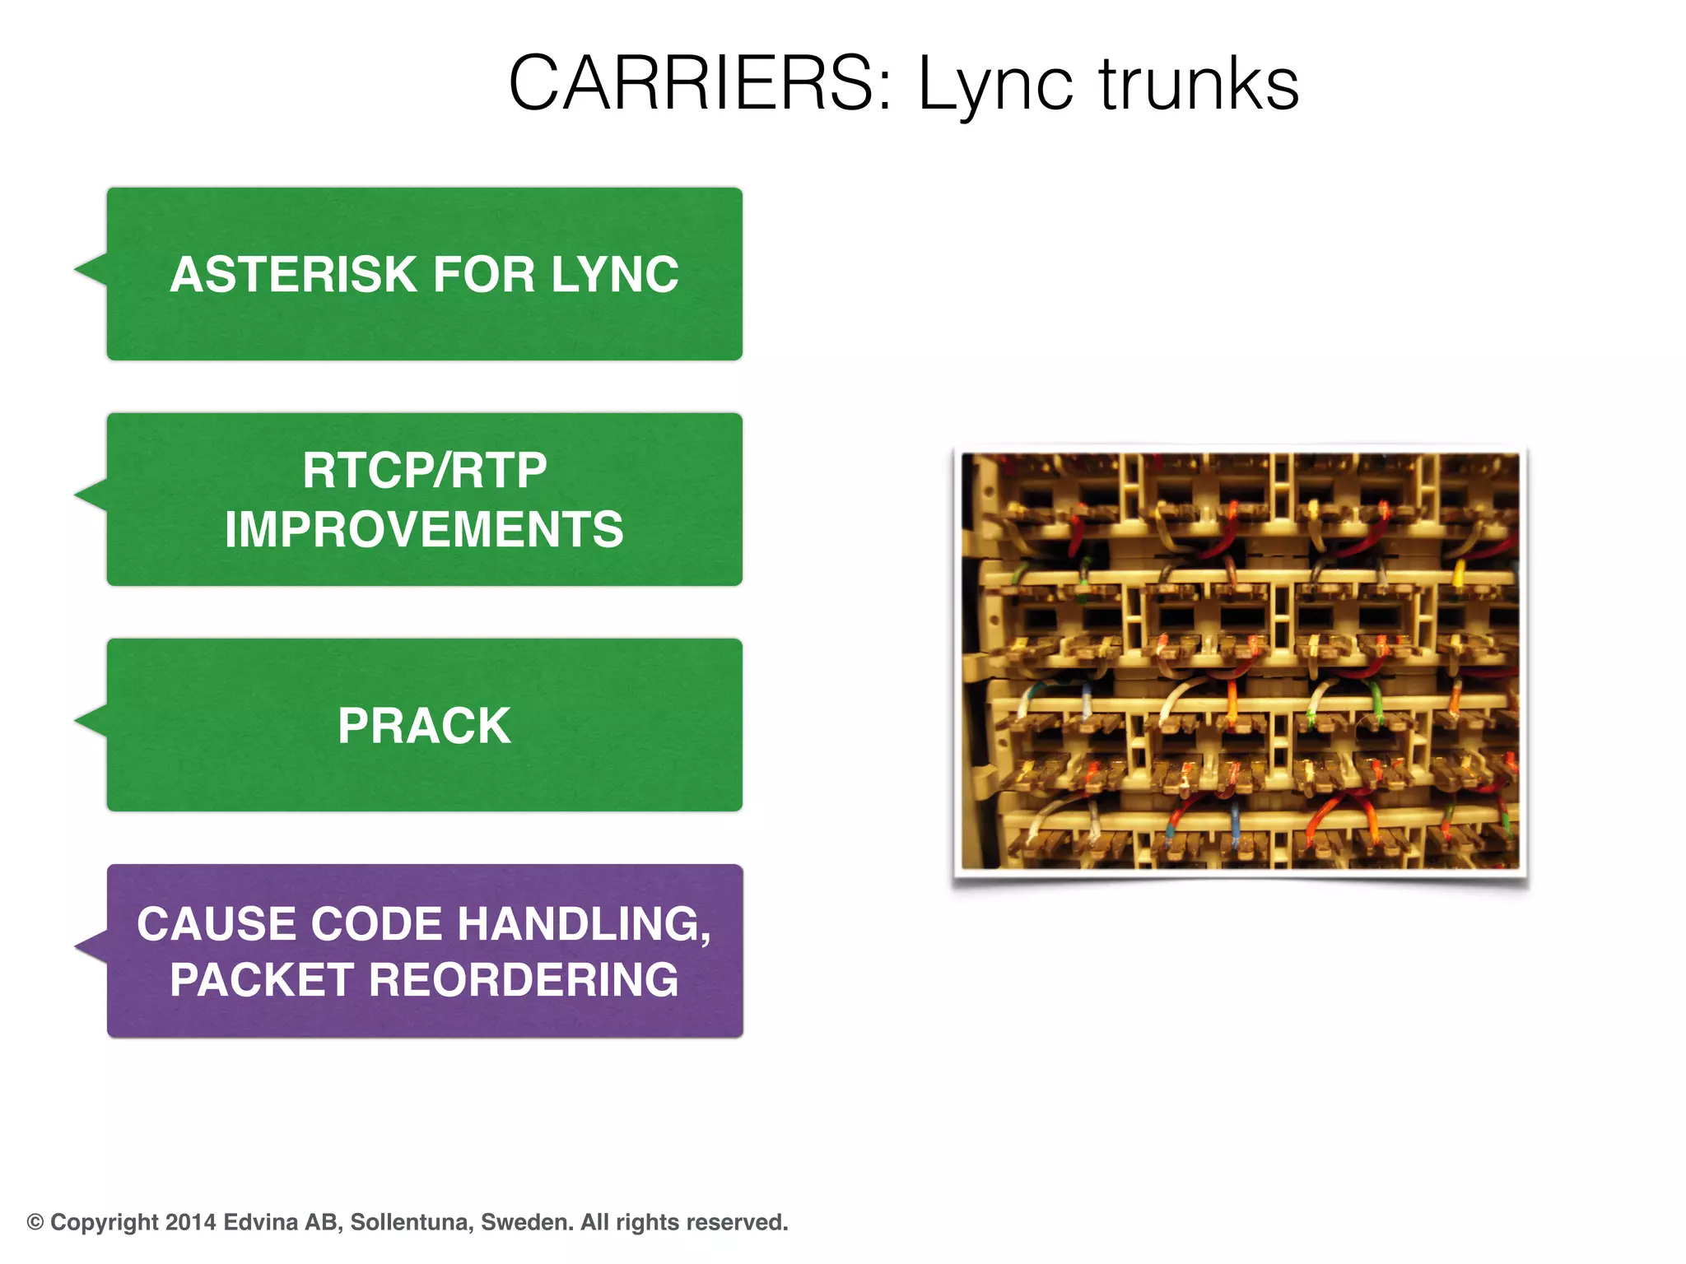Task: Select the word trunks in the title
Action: click(x=1199, y=84)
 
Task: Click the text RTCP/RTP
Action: click(x=425, y=471)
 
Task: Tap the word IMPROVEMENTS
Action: click(x=425, y=529)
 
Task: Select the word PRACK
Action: click(x=425, y=726)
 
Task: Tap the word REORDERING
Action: click(x=524, y=980)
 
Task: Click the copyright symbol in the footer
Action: click(x=35, y=1222)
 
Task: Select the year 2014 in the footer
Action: click(x=190, y=1222)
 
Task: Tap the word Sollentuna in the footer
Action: click(x=412, y=1222)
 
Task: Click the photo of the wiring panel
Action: click(x=1240, y=661)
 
